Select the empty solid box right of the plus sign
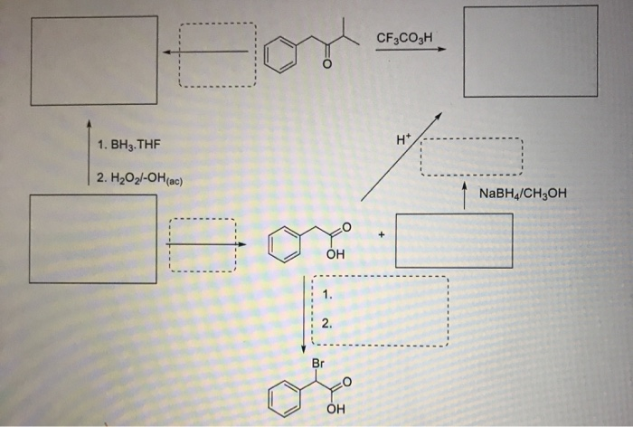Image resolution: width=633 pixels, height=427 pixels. pos(453,240)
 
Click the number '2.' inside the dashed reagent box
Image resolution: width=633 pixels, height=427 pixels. pos(326,323)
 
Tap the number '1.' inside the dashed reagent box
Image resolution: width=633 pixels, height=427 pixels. pos(326,294)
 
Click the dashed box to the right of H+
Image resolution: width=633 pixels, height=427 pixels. pos(471,157)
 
